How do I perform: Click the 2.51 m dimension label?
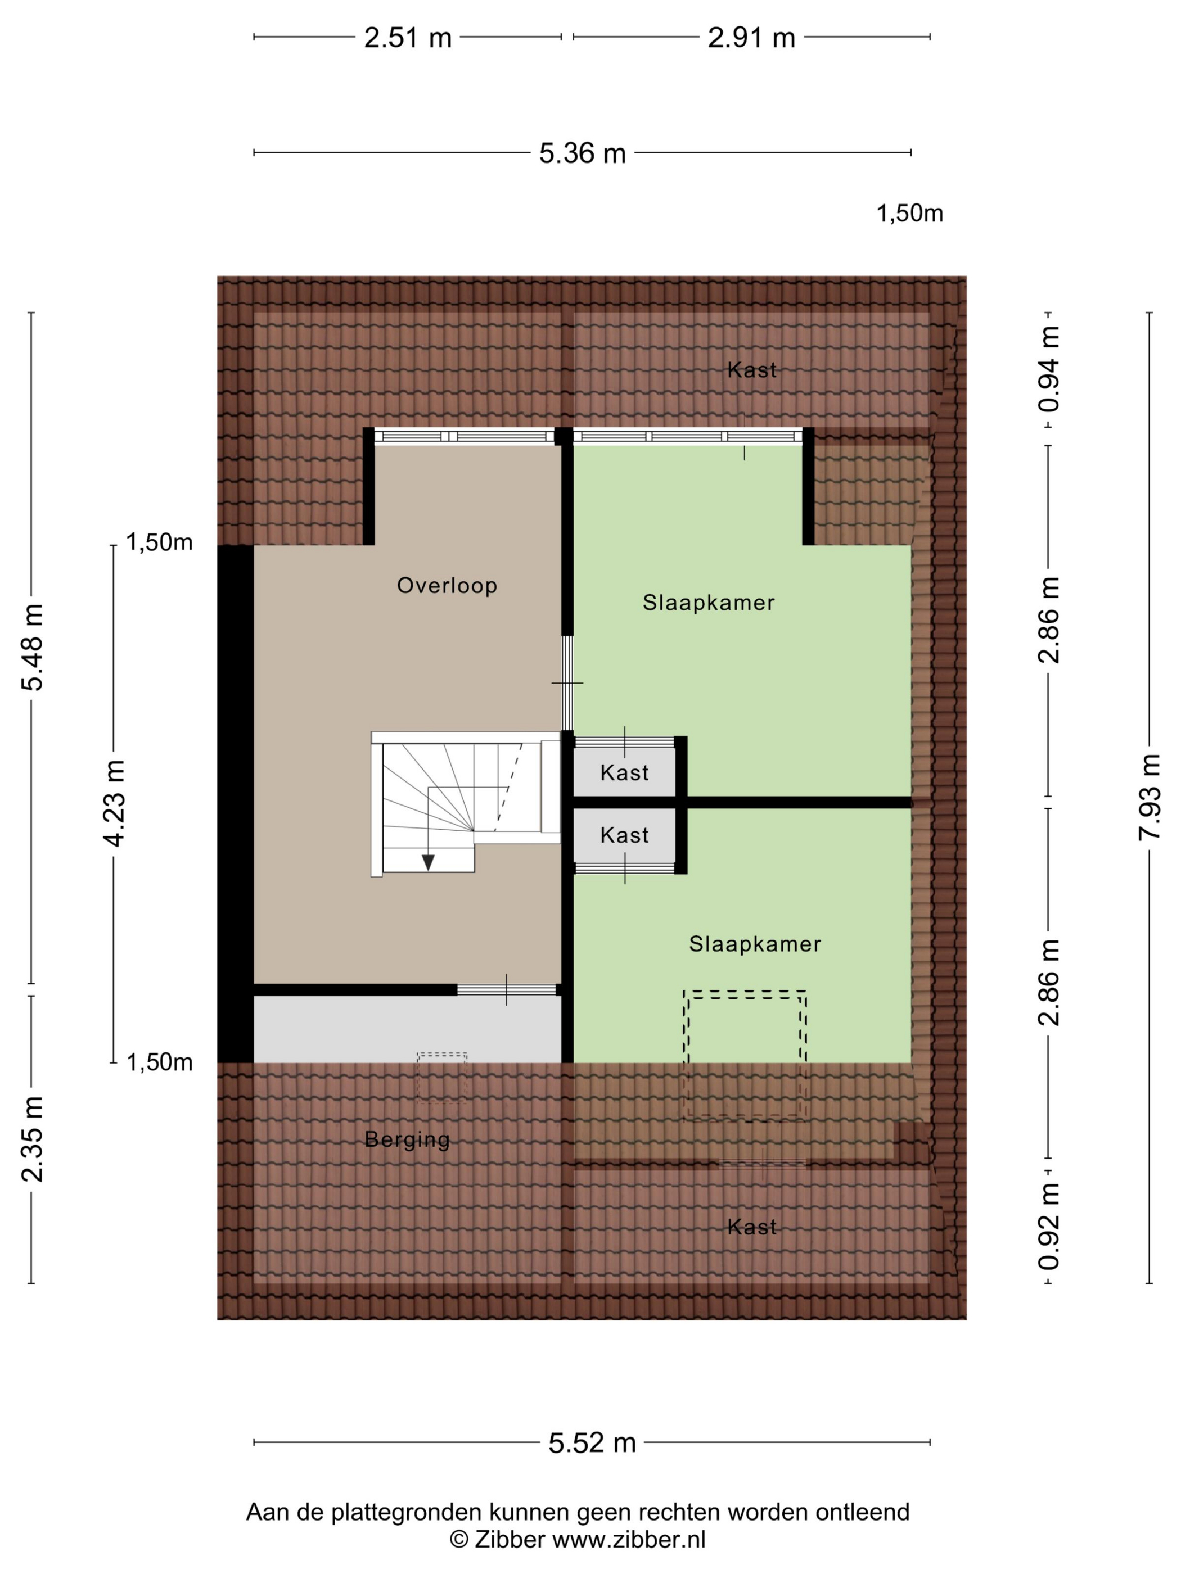point(408,38)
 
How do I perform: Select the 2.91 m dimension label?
point(751,38)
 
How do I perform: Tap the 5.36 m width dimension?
point(582,153)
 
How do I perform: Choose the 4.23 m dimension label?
point(115,803)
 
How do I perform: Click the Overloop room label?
point(447,586)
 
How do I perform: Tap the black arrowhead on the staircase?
point(428,862)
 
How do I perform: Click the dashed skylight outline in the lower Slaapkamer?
point(745,991)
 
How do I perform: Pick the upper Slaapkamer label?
point(708,603)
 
